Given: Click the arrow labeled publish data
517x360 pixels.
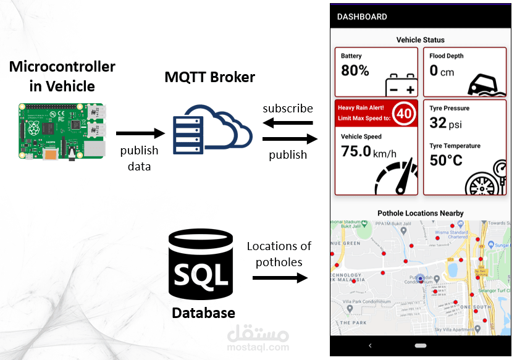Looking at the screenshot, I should [140, 133].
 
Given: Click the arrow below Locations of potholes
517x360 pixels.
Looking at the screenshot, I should [280, 278].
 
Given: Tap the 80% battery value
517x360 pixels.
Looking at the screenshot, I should [355, 70].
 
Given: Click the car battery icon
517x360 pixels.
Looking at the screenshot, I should [400, 85].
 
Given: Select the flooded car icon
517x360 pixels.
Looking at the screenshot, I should [485, 84].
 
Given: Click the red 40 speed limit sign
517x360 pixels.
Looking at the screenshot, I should [404, 113].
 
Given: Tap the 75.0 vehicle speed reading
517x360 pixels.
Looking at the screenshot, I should [356, 151].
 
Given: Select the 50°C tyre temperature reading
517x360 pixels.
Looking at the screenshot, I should [446, 161].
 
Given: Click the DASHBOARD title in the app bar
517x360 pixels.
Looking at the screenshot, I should [362, 17].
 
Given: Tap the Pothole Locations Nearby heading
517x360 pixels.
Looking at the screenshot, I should [421, 213].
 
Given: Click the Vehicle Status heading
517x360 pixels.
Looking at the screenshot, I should [421, 40].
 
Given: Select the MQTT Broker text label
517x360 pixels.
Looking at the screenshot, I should [209, 77].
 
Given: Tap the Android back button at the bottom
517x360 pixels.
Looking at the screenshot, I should [369, 345].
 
